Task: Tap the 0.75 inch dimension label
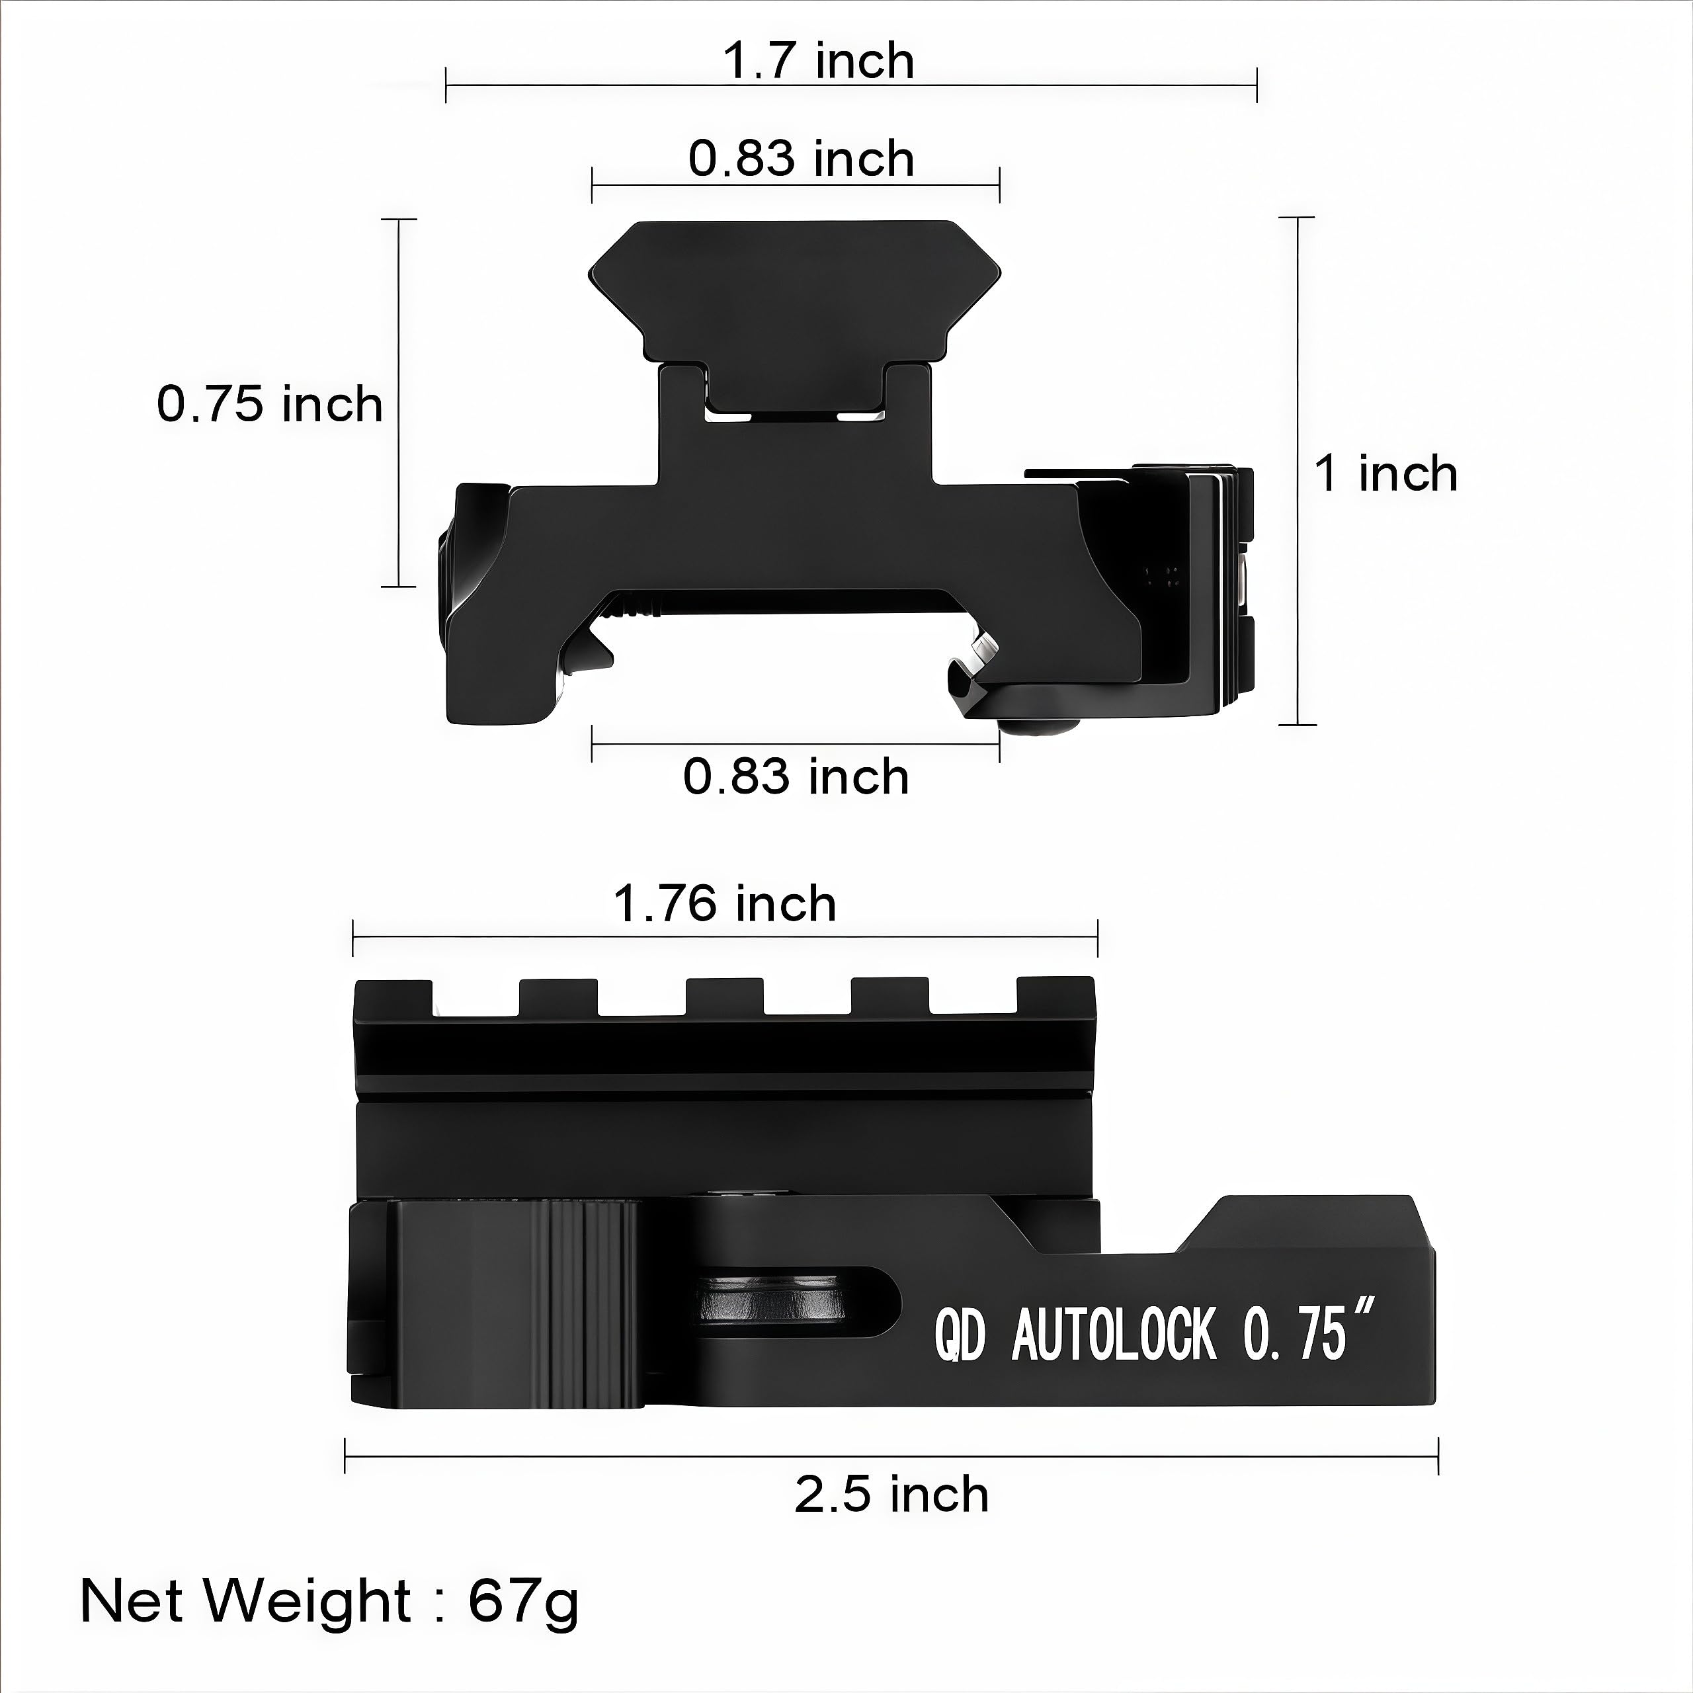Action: pos(270,405)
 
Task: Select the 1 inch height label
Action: pos(1386,474)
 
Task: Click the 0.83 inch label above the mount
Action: pos(801,159)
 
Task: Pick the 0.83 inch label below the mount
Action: pos(796,777)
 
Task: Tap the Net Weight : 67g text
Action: pos(329,1602)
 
